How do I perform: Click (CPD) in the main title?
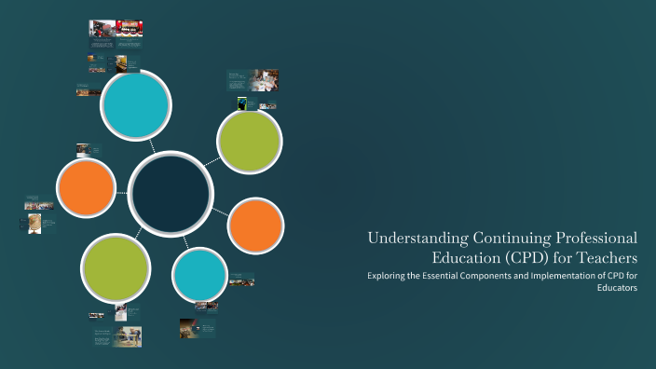coord(531,257)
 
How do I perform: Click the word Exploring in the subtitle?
coord(387,277)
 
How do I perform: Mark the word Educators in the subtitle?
coord(617,289)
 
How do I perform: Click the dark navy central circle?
coord(170,191)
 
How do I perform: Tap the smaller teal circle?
coord(199,274)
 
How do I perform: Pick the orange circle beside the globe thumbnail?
coord(86,187)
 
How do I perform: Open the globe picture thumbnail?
coord(34,223)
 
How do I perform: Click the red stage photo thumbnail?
coord(129,29)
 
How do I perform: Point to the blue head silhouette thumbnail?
coord(242,102)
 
